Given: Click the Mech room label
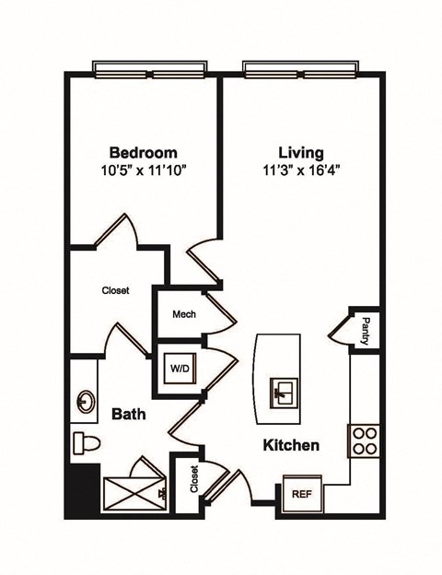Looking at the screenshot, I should [x=183, y=314].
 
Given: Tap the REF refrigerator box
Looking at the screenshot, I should [x=300, y=493].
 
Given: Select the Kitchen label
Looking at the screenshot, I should [x=291, y=446].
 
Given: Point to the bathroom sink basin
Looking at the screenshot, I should [x=86, y=401].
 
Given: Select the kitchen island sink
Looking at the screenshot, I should [x=282, y=393].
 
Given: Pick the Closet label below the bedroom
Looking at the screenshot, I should [x=115, y=290].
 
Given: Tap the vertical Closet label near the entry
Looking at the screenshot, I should [x=194, y=479].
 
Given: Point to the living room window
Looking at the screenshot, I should [x=300, y=70].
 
